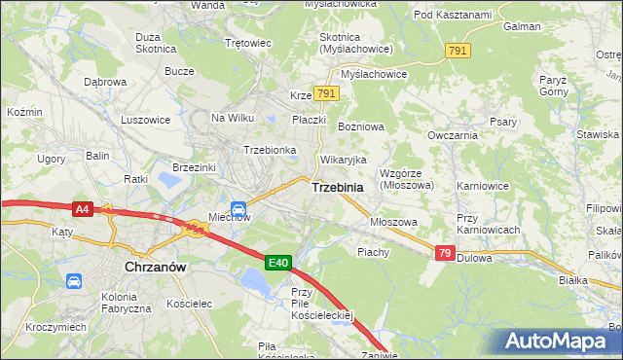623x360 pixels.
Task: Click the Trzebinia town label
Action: tap(338, 187)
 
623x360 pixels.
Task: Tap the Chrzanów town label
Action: tap(156, 266)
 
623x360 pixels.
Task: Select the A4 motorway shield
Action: tap(83, 208)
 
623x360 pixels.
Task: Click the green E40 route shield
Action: tap(278, 262)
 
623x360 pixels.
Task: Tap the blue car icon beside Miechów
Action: tap(238, 206)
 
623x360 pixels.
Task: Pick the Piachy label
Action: tap(373, 252)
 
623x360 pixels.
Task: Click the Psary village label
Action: tap(502, 122)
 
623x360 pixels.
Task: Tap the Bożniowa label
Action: tap(361, 127)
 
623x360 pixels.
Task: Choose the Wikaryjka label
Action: tap(344, 160)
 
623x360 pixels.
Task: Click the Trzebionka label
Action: tap(270, 150)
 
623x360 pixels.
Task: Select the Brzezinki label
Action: tap(193, 167)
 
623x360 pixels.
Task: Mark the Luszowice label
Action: tap(146, 120)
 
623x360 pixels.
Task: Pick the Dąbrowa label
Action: tap(105, 82)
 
